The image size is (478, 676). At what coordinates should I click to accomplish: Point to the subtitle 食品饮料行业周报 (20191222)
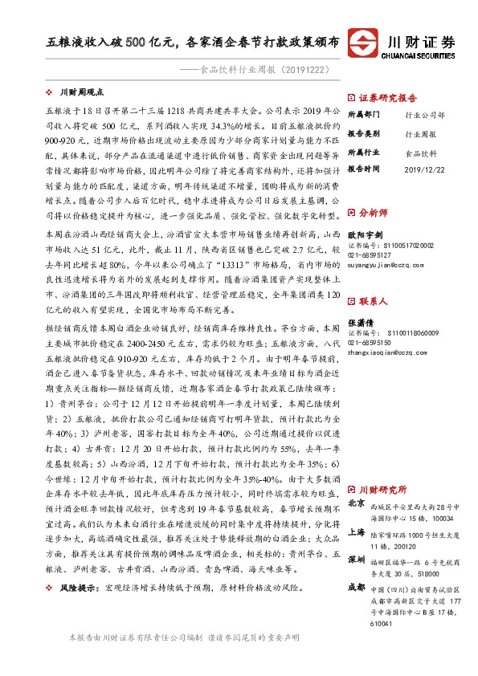(266, 70)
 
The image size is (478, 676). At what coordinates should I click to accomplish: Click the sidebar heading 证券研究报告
(386, 95)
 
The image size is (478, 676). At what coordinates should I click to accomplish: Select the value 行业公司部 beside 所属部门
(423, 116)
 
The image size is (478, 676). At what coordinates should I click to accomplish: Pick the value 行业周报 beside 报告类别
(421, 134)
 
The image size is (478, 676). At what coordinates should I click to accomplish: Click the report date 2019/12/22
(427, 169)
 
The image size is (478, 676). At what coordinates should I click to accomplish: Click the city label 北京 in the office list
(357, 503)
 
